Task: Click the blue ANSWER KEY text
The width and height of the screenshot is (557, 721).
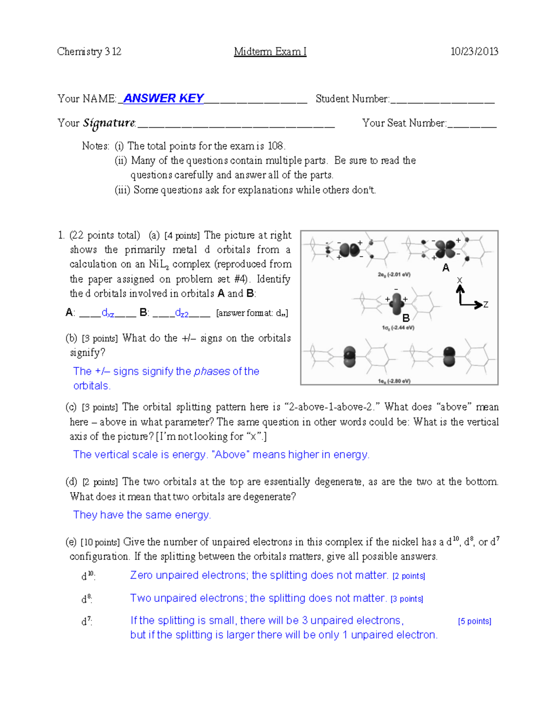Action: pyautogui.click(x=163, y=98)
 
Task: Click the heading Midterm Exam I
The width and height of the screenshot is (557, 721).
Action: pyautogui.click(x=270, y=52)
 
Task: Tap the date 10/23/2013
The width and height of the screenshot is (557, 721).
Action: pyautogui.click(x=474, y=52)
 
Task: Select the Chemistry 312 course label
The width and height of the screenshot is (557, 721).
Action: pyautogui.click(x=89, y=52)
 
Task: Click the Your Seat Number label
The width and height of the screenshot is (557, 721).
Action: pyautogui.click(x=404, y=123)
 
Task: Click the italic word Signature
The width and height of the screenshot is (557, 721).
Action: pyautogui.click(x=109, y=123)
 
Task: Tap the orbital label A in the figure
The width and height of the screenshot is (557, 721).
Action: pyautogui.click(x=446, y=268)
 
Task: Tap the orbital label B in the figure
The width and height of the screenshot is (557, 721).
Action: pyautogui.click(x=406, y=318)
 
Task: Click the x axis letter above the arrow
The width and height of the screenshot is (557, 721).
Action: pyautogui.click(x=460, y=280)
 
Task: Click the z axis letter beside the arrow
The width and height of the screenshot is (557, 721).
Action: pyautogui.click(x=486, y=305)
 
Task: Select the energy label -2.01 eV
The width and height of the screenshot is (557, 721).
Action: pyautogui.click(x=394, y=274)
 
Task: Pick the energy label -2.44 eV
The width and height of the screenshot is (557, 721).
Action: pyautogui.click(x=398, y=328)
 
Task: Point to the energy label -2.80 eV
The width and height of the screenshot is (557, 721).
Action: pyautogui.click(x=394, y=381)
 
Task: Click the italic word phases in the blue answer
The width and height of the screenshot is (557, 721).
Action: pyautogui.click(x=212, y=371)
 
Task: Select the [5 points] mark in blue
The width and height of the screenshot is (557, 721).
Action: pyautogui.click(x=474, y=621)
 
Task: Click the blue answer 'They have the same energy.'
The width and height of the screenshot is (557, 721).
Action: pyautogui.click(x=142, y=515)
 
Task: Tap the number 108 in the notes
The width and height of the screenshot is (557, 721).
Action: pyautogui.click(x=276, y=146)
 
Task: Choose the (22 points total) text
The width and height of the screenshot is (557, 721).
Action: pyautogui.click(x=104, y=235)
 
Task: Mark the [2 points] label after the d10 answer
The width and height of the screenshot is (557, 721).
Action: pyautogui.click(x=408, y=576)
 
